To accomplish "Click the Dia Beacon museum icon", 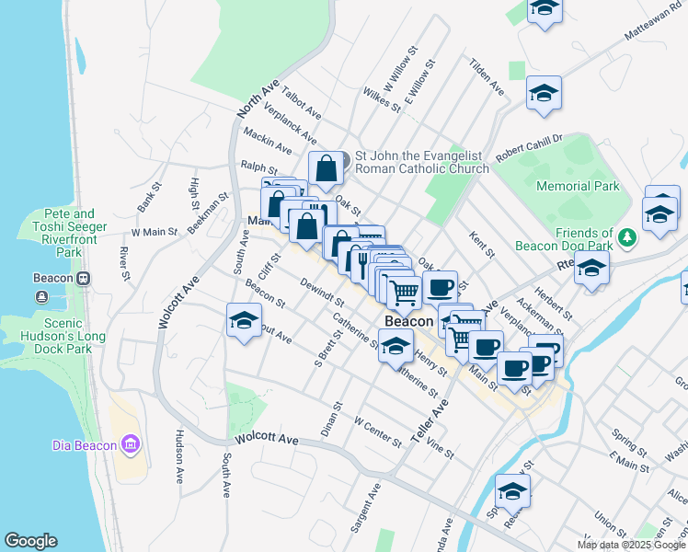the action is click(130, 446).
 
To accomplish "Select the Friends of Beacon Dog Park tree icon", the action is click(627, 238).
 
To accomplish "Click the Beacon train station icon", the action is click(83, 279).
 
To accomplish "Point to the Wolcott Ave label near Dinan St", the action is click(267, 440).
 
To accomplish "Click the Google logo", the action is click(31, 541).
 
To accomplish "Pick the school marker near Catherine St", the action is click(396, 347).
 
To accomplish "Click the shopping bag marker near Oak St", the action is click(326, 169).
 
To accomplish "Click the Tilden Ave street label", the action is click(487, 78).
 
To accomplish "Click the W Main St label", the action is click(154, 233).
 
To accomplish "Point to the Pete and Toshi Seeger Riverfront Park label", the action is click(70, 232).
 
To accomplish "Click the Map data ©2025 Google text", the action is click(630, 545).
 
